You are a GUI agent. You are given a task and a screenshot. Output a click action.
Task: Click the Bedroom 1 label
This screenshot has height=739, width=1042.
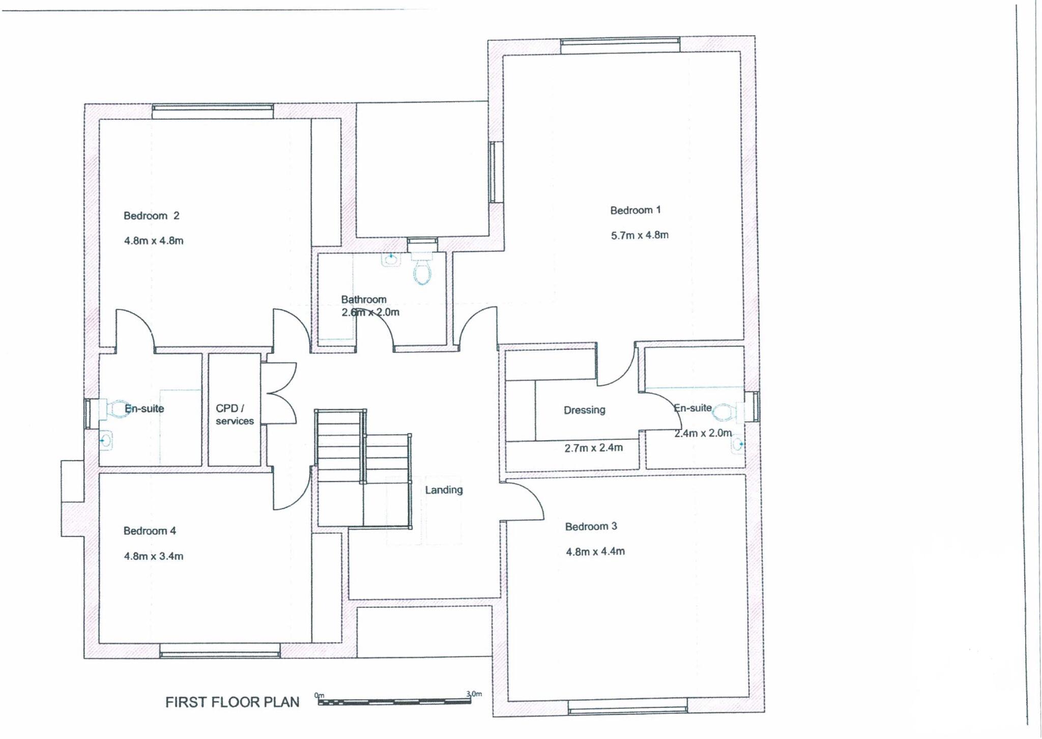tap(635, 210)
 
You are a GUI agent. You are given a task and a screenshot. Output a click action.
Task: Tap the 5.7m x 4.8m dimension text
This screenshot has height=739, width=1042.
tap(640, 235)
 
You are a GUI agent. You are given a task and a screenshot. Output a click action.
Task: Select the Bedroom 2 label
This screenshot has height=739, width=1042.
tap(151, 216)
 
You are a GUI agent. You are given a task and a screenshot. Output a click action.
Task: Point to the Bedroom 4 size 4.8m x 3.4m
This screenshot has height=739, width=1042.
tap(154, 556)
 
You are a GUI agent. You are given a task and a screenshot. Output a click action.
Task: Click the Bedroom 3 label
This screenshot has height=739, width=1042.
tap(591, 526)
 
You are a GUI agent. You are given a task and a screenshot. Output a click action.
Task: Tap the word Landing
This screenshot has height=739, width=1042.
tap(444, 490)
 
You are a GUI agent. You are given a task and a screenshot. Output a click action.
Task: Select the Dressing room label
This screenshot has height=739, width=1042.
tap(584, 410)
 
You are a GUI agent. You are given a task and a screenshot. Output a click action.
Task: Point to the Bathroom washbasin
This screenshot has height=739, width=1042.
tap(391, 260)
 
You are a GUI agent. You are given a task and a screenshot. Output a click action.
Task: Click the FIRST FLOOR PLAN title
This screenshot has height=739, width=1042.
tap(232, 702)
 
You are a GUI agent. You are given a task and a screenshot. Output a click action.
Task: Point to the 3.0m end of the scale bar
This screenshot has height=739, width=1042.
tap(474, 694)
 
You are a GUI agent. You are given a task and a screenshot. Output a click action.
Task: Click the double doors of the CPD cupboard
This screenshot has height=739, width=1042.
tap(280, 393)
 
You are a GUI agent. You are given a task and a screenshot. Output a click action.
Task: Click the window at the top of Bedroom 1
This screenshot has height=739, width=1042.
tap(620, 45)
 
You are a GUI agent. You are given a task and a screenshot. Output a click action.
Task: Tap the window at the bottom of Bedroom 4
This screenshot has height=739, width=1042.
tap(220, 650)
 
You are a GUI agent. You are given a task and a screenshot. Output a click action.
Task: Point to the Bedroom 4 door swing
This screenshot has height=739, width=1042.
tap(291, 490)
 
